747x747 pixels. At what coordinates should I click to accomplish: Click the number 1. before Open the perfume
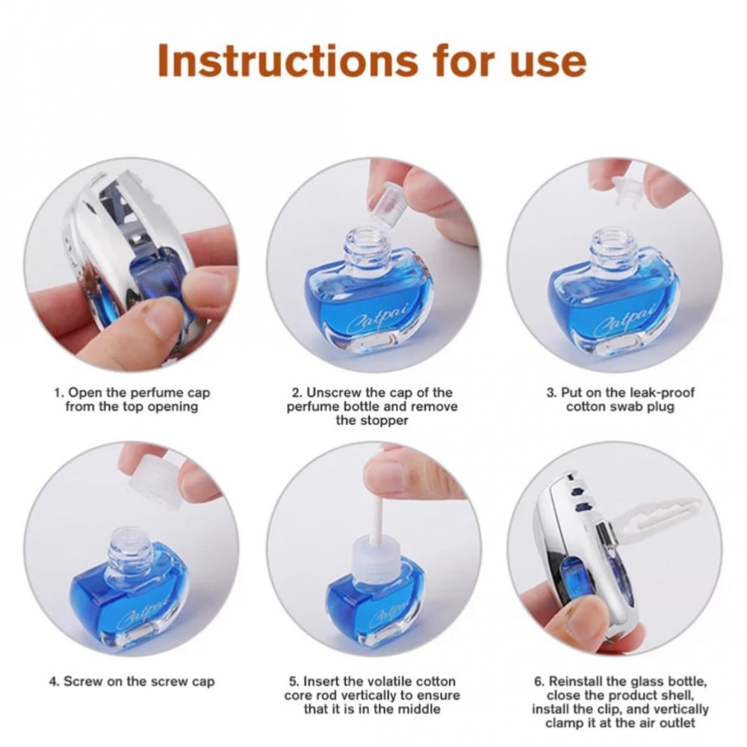[x=58, y=393]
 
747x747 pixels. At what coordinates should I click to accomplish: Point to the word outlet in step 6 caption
[x=675, y=722]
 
